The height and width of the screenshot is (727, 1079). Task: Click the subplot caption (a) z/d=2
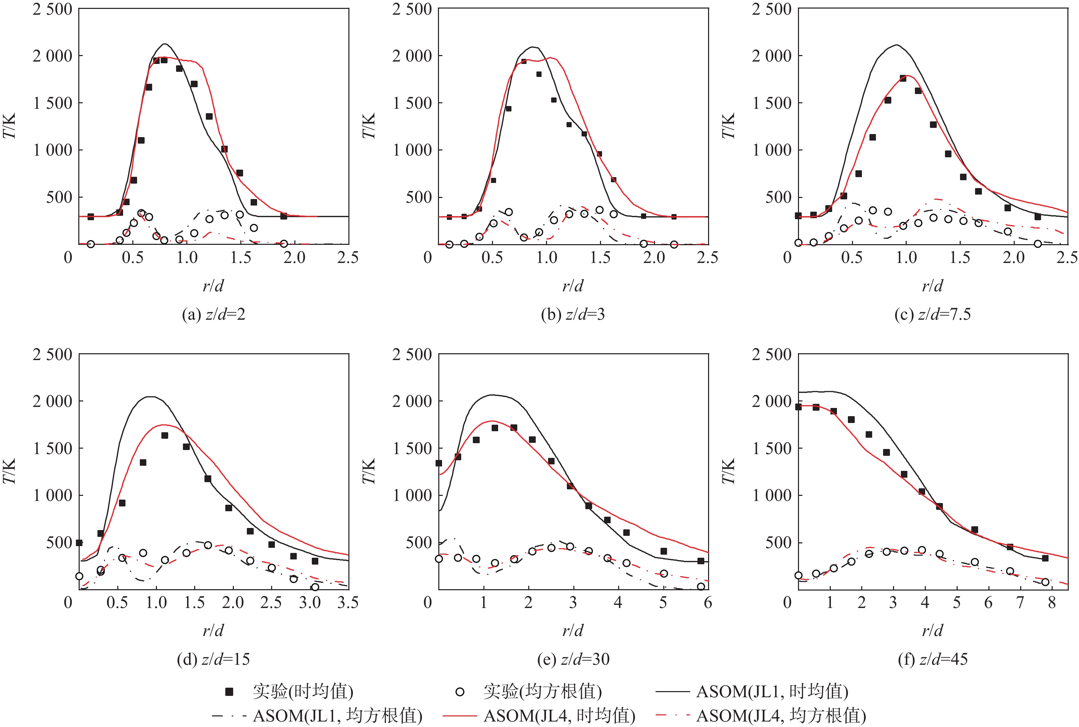213,314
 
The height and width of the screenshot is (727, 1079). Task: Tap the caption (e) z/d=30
573,659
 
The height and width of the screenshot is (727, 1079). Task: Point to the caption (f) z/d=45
933,659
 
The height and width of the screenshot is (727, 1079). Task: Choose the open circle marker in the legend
460,692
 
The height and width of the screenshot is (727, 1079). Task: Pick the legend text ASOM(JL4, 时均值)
559,715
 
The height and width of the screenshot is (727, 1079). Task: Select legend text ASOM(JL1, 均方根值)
337,715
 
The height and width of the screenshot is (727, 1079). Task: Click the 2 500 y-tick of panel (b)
412,9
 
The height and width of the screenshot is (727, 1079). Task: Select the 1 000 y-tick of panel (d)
52,495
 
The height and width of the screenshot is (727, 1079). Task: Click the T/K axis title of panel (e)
369,471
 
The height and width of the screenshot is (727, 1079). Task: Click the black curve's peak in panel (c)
897,45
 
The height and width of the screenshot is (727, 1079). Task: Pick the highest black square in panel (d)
164,435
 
